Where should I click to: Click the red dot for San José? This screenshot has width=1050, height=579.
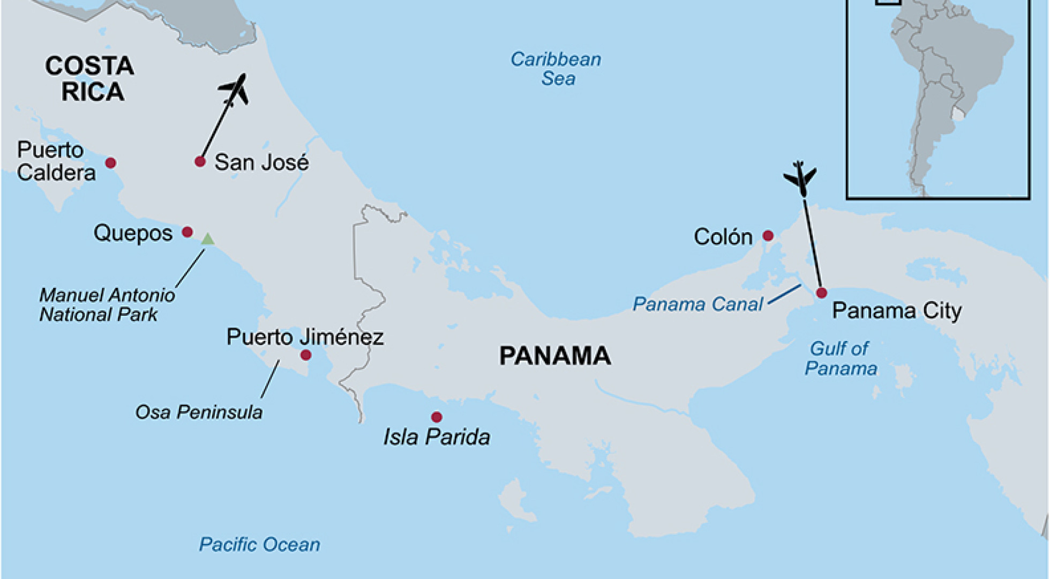pos(200,161)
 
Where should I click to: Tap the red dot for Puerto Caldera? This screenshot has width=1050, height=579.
pos(110,162)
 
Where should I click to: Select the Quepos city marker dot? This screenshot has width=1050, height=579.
pos(187,232)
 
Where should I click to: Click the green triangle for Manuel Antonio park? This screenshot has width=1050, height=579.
pos(207,239)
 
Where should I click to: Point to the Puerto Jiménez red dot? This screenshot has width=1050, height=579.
pos(306,354)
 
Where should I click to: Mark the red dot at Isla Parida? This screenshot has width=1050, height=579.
pos(437,417)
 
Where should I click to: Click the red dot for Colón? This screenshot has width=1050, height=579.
pos(768,235)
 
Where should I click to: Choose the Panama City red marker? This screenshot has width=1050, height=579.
pos(821,293)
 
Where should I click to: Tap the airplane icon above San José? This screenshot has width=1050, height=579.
pos(235,90)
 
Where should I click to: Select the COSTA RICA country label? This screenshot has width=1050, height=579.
pos(89,79)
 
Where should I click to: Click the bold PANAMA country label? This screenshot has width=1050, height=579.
pos(555,356)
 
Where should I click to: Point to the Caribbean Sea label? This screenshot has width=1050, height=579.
pos(556,69)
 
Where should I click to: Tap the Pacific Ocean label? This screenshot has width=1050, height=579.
pos(259,545)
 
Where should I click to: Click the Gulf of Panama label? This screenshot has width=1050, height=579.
pos(841,359)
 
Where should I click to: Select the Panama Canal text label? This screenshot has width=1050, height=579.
pos(697,305)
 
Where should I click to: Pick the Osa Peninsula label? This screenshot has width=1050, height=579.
pos(199,412)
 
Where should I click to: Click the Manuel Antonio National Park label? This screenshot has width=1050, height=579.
pos(107,305)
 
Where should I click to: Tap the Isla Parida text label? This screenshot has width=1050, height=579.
pos(437,437)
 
